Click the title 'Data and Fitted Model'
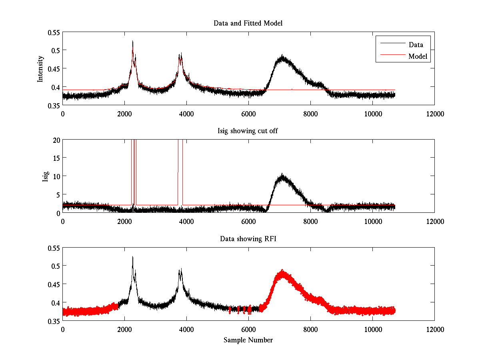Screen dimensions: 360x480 (248, 23)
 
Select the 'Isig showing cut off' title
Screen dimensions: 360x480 (248, 131)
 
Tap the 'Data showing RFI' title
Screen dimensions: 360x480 (248, 239)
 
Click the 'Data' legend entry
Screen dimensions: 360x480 (416, 45)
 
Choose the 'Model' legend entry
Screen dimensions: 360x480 (418, 56)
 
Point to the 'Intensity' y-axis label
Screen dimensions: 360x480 (40, 68)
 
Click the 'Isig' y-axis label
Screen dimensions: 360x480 (45, 176)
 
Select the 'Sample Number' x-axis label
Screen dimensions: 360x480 (248, 340)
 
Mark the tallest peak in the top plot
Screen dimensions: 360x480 (132, 41)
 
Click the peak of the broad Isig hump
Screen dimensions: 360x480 (282, 175)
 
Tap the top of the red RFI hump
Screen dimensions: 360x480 (282, 272)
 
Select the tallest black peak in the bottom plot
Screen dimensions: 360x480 (132, 257)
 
